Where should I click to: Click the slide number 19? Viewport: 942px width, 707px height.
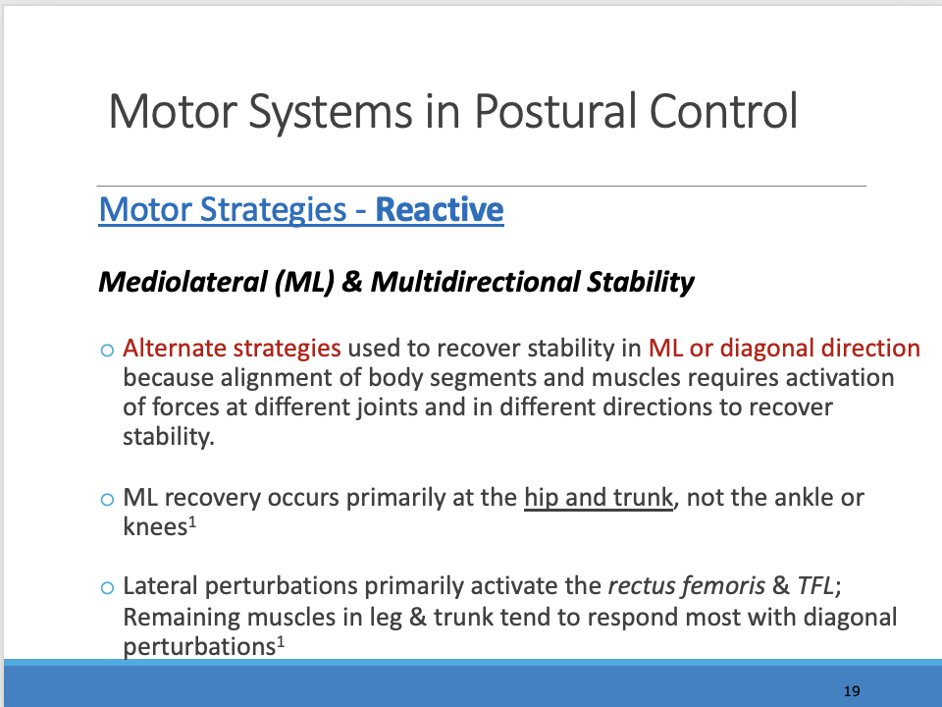[x=852, y=691]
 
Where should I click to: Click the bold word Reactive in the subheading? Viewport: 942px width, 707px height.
[x=440, y=209]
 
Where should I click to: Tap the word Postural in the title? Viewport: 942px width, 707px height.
[x=555, y=111]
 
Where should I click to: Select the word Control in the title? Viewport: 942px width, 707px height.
[x=723, y=111]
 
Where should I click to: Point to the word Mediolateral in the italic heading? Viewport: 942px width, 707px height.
[x=183, y=282]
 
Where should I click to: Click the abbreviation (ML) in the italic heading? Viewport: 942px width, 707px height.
[x=304, y=282]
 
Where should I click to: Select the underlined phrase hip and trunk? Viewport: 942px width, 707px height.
[x=599, y=498]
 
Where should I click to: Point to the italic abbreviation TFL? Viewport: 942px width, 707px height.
[x=815, y=585]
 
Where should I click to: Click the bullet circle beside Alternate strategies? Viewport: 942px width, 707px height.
[x=108, y=350]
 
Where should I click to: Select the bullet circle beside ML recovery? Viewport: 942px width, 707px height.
[x=108, y=499]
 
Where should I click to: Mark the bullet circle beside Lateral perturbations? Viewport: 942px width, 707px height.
[x=108, y=587]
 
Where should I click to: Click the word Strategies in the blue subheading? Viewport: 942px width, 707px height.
[x=274, y=210]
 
